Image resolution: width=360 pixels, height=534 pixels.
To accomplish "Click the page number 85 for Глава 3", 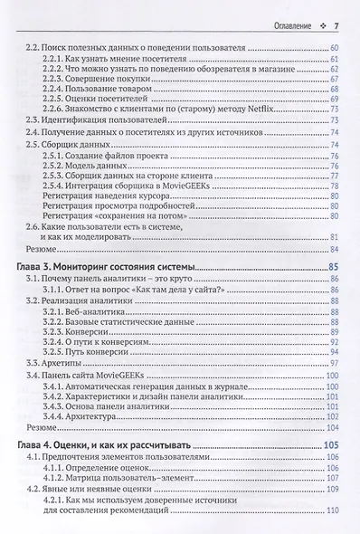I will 331,268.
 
